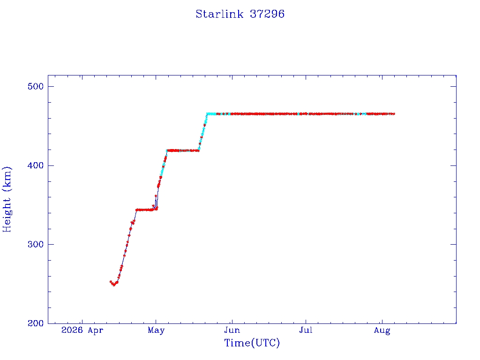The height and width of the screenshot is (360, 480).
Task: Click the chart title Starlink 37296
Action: click(240, 14)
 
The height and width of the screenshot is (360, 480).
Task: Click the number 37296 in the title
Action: click(267, 14)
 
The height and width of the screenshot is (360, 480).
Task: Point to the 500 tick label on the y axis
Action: click(36, 86)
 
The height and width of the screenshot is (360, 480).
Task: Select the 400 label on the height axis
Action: click(36, 165)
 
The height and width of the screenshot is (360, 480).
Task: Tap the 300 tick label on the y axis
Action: click(36, 244)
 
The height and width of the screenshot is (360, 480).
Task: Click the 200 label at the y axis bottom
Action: click(36, 323)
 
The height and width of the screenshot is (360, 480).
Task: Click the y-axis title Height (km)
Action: click(7, 199)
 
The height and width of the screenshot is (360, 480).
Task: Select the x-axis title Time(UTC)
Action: click(252, 343)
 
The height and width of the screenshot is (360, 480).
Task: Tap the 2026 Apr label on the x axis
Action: click(82, 330)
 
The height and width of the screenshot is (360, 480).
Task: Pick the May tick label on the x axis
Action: click(156, 330)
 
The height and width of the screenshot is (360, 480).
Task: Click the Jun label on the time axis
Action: click(232, 330)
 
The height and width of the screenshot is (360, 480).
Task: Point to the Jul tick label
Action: click(306, 330)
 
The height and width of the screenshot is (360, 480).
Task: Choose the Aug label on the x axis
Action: click(382, 330)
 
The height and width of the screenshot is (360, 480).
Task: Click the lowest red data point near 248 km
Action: click(114, 285)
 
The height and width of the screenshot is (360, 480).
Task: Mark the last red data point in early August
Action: click(394, 114)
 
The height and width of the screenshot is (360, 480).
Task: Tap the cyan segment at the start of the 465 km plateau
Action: click(211, 114)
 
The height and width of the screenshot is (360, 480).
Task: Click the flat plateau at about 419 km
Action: click(183, 150)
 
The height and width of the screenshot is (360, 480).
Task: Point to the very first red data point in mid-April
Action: click(111, 282)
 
